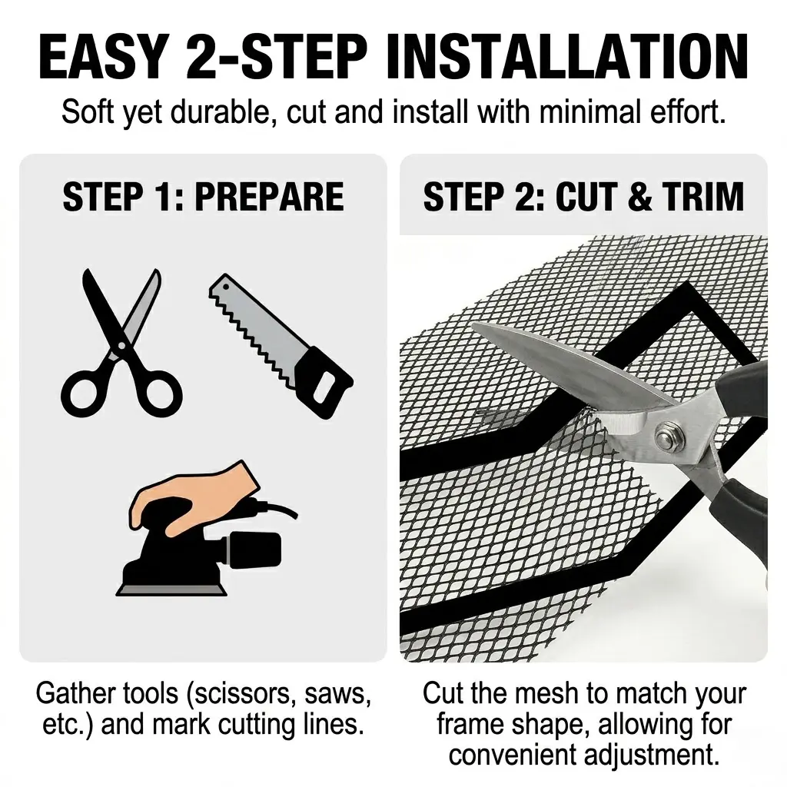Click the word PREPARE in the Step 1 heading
click(269, 196)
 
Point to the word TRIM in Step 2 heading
click(703, 196)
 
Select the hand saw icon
click(281, 347)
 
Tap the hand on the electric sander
click(196, 497)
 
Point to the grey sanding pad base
click(171, 589)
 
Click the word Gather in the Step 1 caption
click(71, 694)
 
